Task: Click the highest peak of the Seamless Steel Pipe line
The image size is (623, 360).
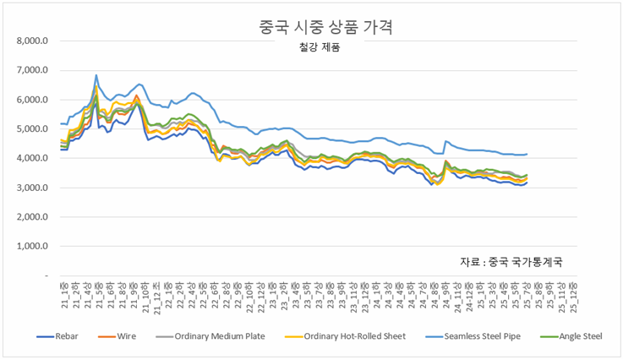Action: pyautogui.click(x=96, y=75)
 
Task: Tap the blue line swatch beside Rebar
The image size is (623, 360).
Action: pyautogui.click(x=47, y=336)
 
